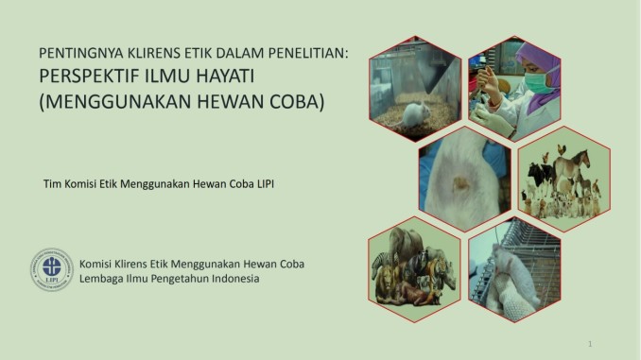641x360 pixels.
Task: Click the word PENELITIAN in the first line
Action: pyautogui.click(x=303, y=54)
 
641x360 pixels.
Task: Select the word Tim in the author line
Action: pyautogui.click(x=53, y=181)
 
